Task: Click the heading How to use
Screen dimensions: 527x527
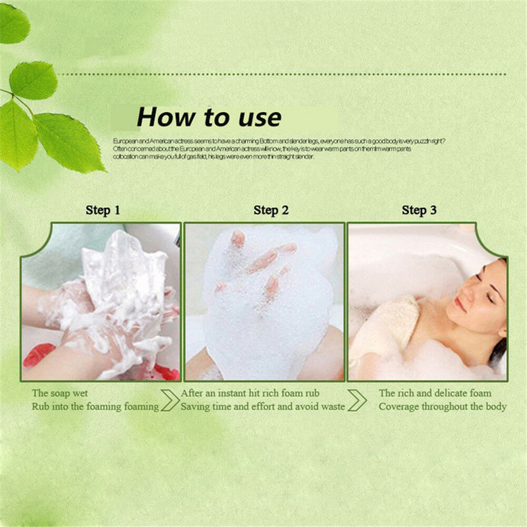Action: [209, 118]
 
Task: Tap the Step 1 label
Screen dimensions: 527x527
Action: [103, 211]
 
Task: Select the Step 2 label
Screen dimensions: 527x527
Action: [271, 211]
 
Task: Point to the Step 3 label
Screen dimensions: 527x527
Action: [419, 211]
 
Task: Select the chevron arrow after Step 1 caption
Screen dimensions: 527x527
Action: [169, 400]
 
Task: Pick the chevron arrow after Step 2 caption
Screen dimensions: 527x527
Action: [357, 400]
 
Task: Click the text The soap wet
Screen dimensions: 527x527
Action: [59, 393]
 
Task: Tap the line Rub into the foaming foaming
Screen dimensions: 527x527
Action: [95, 406]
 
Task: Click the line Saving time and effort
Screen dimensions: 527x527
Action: [263, 406]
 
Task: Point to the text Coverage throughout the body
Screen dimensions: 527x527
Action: [442, 406]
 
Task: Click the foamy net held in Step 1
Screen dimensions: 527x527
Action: [125, 277]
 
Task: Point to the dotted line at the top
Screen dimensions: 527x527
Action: [283, 74]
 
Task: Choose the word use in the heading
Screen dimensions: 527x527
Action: [256, 118]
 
